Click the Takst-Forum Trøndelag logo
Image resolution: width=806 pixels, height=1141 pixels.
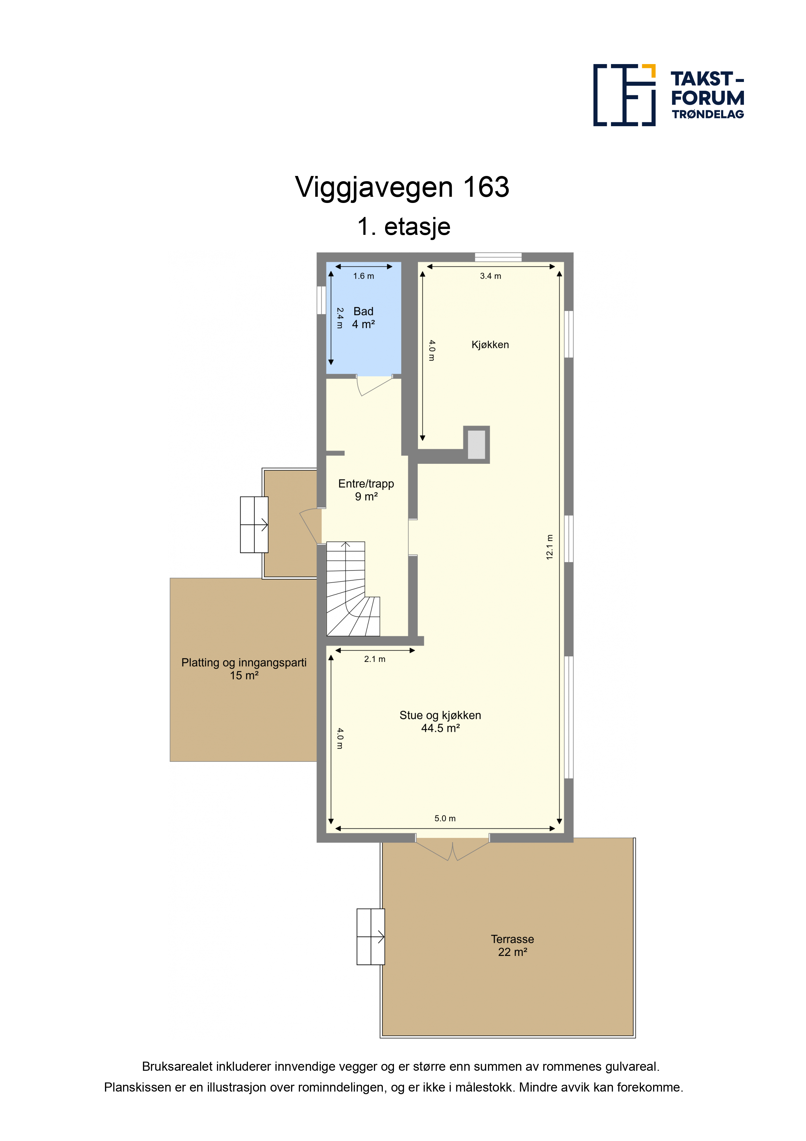point(669,95)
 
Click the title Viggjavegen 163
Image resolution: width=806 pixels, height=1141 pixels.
point(402,187)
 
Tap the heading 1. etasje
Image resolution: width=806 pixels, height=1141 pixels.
point(404,227)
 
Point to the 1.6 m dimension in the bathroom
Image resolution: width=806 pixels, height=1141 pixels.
point(364,276)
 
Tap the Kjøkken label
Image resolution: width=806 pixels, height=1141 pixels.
point(490,345)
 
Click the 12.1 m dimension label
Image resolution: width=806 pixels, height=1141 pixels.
point(549,547)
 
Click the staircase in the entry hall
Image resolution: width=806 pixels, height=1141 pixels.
point(353,589)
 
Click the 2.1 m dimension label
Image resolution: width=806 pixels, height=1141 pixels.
point(374,659)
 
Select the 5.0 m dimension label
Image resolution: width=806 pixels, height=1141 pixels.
point(445,818)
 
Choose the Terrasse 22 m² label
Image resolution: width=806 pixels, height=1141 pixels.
point(513,945)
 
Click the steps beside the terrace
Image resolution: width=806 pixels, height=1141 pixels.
point(370,937)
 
